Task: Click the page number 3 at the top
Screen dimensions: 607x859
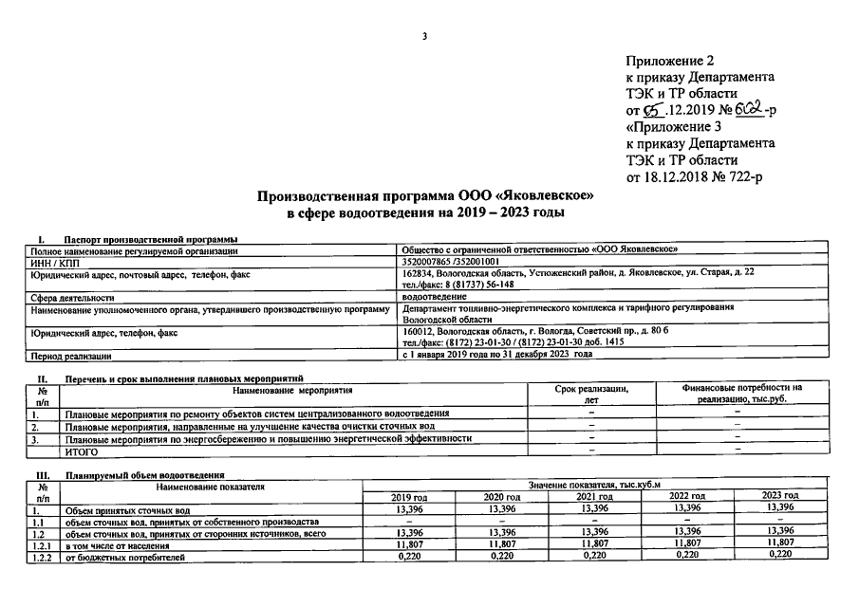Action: (x=425, y=37)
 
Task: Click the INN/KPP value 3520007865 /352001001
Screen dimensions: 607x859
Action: (x=451, y=261)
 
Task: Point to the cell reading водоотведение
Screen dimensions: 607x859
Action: (x=434, y=297)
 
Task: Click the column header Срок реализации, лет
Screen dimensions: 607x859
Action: (x=591, y=394)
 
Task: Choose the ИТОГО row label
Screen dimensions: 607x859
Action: (x=82, y=451)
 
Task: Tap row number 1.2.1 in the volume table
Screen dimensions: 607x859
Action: (x=43, y=545)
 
